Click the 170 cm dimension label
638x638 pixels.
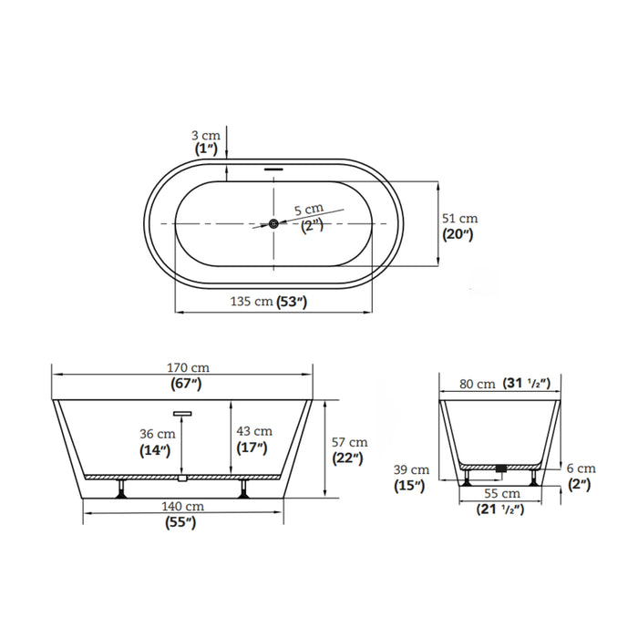(188, 368)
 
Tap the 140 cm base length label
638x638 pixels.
(182, 507)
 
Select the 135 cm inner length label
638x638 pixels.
(252, 302)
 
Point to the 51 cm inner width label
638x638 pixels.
(459, 219)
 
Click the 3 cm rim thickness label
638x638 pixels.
(206, 136)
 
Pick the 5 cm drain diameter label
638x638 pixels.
(309, 209)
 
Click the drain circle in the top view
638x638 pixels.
(273, 223)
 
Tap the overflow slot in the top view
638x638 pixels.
(273, 169)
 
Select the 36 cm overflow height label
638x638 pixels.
(158, 434)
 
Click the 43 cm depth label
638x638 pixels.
(254, 431)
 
